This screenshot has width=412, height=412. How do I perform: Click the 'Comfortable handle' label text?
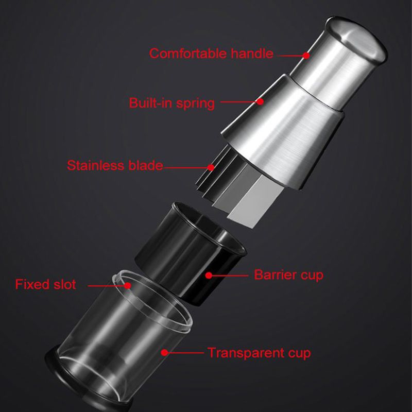(x=211, y=54)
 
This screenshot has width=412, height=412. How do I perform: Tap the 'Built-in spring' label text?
(x=172, y=103)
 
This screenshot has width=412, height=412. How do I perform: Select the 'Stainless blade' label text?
(x=115, y=165)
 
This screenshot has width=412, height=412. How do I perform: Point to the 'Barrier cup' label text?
(x=288, y=275)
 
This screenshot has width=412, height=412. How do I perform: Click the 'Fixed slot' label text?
(x=45, y=284)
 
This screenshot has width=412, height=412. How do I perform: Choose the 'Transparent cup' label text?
(x=259, y=353)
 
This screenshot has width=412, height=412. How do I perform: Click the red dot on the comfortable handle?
(x=306, y=56)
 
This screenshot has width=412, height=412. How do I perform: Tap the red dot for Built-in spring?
(x=260, y=101)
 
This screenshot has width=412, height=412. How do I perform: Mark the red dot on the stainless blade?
(x=211, y=167)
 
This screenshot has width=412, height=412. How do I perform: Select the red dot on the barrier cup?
(x=209, y=276)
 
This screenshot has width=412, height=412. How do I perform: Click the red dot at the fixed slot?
(x=128, y=285)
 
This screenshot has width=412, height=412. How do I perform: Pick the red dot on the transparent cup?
(x=164, y=352)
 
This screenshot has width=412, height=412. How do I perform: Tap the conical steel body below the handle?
(x=282, y=131)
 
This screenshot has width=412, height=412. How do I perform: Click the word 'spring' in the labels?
(x=196, y=104)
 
